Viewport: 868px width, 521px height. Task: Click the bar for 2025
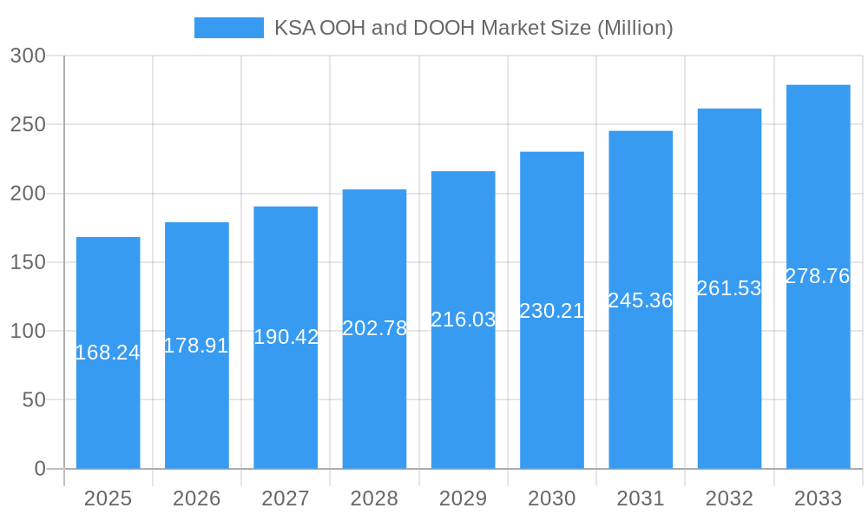click(108, 391)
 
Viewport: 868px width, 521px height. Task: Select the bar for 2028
click(374, 391)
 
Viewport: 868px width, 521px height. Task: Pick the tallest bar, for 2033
click(818, 373)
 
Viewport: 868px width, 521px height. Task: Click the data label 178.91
click(196, 346)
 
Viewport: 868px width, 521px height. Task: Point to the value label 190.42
click(286, 337)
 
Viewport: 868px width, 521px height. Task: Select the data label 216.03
click(464, 320)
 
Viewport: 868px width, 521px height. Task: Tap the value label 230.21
click(552, 311)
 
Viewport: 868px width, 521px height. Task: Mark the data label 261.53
click(729, 288)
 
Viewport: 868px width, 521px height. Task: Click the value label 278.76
click(818, 276)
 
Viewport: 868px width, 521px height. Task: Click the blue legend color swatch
click(228, 28)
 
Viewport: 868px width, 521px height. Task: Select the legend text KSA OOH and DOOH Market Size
click(474, 28)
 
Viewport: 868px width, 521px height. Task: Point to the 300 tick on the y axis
click(28, 56)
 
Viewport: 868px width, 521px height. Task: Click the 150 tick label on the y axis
click(28, 262)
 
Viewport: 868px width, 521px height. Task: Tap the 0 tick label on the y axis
click(40, 469)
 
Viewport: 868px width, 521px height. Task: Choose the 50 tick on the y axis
click(33, 400)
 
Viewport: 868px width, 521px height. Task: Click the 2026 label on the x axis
click(196, 498)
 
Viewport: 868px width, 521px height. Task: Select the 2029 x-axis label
click(464, 498)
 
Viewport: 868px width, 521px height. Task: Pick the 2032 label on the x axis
click(729, 498)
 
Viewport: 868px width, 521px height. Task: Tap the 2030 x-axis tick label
click(552, 498)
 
